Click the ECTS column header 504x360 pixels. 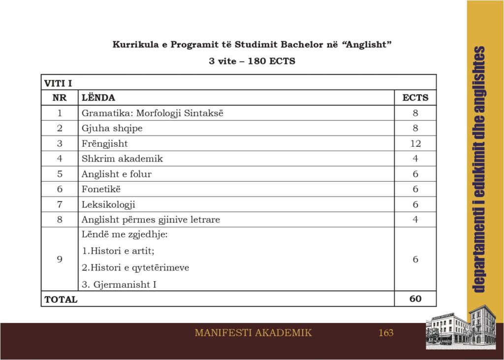[415, 98]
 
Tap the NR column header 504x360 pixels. [60, 98]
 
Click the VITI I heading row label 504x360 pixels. [58, 83]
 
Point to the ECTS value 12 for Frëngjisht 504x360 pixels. [415, 143]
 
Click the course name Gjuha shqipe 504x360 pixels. [112, 128]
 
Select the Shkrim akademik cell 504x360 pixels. [122, 159]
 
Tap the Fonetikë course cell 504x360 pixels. [101, 189]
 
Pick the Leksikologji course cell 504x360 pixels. [108, 204]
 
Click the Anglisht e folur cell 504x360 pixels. [117, 174]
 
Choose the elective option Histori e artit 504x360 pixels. [118, 251]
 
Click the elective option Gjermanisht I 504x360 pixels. [119, 284]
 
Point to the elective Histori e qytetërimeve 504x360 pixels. [135, 267]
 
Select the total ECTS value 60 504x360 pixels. [415, 298]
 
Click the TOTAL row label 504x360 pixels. [61, 299]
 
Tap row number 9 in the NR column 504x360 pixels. [60, 259]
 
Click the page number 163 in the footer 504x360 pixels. [386, 333]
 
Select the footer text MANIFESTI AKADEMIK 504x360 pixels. [253, 333]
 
